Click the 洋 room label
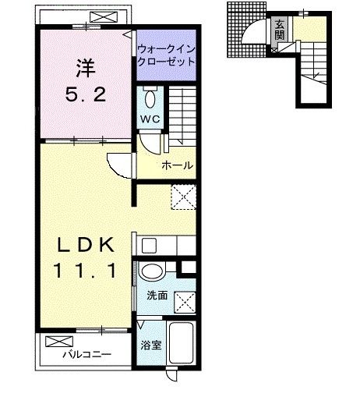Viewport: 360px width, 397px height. tap(86, 69)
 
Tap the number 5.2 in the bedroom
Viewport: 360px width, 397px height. tap(86, 94)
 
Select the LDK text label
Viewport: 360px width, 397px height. tap(86, 245)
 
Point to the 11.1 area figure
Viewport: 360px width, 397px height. tap(85, 271)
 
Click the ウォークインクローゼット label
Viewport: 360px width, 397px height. tap(166, 55)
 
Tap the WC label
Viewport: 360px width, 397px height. tap(150, 119)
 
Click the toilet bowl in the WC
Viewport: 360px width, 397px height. tap(150, 99)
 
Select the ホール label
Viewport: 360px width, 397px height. tap(177, 165)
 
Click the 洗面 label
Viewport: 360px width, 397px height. tap(157, 296)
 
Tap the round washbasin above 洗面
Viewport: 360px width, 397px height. tap(152, 271)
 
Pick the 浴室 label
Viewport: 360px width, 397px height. tap(151, 345)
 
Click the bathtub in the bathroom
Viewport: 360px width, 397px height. tap(182, 342)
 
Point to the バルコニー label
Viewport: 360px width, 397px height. tap(87, 354)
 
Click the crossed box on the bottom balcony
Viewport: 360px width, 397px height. tap(59, 342)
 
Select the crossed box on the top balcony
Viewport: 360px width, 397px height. tap(104, 17)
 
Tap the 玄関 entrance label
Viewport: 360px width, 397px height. tap(279, 30)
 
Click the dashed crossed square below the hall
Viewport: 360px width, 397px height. tap(183, 197)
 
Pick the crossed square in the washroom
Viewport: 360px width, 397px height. tap(185, 302)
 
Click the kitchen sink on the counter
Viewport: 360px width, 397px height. tap(149, 246)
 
